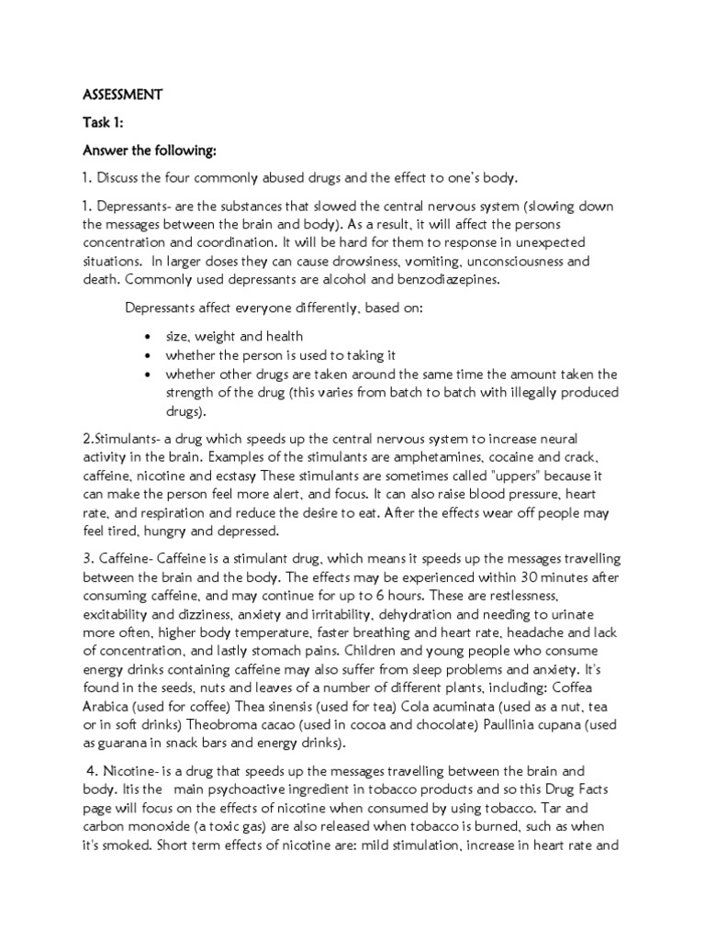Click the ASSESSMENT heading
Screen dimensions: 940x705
[122, 94]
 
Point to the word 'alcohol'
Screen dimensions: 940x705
[335, 280]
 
